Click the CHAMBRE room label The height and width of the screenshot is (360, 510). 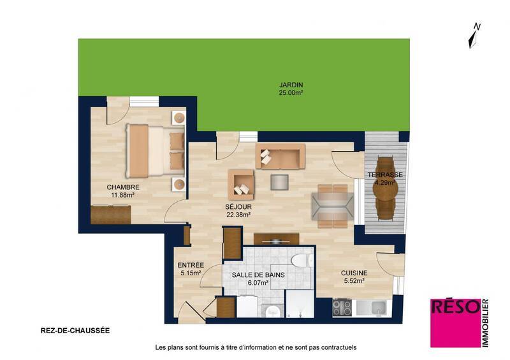coord(122,187)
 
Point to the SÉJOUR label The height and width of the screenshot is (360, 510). coord(238,207)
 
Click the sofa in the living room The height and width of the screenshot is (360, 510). coord(280,156)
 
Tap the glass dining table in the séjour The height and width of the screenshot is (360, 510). coord(332,204)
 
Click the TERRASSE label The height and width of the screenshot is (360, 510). coord(385,175)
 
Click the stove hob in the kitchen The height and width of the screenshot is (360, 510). coord(342,307)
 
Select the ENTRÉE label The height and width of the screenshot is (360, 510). coord(191,265)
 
